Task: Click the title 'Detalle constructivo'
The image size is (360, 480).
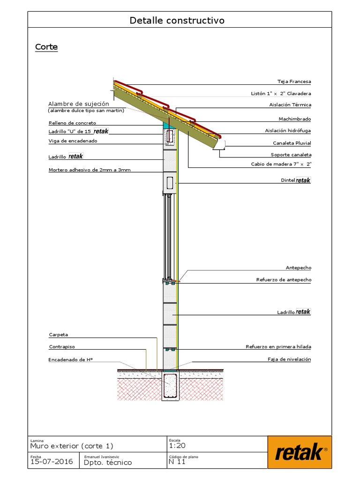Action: (x=177, y=21)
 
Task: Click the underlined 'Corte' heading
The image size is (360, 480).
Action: (x=46, y=47)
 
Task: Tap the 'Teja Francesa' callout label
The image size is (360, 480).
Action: (x=294, y=82)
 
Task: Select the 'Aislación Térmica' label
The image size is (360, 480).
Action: (x=290, y=105)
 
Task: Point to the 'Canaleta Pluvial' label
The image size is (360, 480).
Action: (x=292, y=143)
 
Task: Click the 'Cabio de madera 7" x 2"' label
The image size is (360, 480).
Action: (x=281, y=164)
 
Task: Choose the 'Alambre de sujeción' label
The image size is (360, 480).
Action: (x=79, y=104)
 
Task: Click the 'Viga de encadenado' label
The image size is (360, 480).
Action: (x=73, y=141)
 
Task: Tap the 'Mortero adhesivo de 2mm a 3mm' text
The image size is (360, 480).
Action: (x=90, y=170)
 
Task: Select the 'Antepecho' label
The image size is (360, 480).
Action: (x=299, y=268)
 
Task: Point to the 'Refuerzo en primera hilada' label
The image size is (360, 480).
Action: (x=278, y=346)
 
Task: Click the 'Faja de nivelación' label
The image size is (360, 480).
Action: (x=289, y=359)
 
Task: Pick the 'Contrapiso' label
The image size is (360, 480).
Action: (x=62, y=346)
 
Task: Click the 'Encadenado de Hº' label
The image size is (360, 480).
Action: (x=70, y=360)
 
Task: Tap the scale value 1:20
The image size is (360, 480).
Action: (x=177, y=446)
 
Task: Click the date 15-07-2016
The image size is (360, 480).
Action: (x=52, y=462)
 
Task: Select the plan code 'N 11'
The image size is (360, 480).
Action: (x=177, y=462)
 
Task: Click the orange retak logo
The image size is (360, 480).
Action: (x=300, y=452)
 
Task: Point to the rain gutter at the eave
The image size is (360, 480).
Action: (x=219, y=146)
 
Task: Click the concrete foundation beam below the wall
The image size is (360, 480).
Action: (x=170, y=387)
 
